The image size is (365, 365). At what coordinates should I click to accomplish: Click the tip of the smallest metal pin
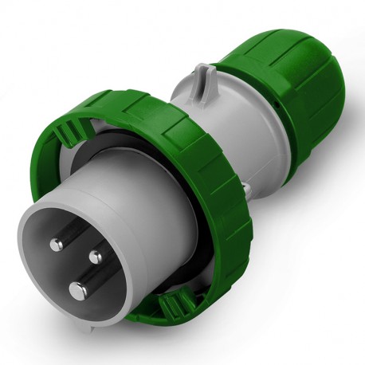96,257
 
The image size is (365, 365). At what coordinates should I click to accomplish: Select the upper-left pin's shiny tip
59,239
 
